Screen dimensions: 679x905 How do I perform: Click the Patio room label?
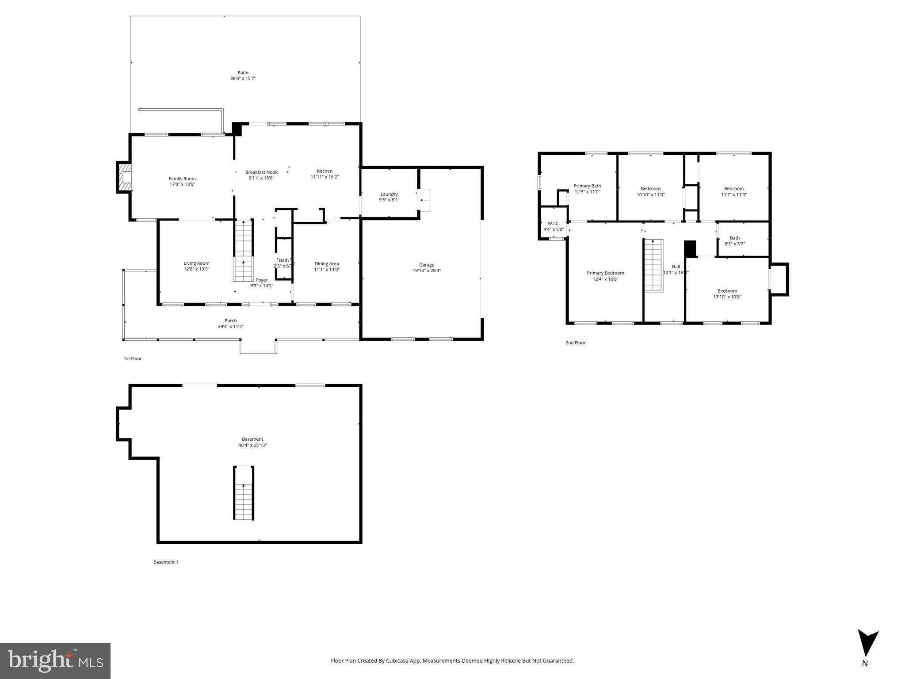coord(243,72)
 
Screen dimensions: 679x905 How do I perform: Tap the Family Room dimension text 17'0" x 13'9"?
coord(182,184)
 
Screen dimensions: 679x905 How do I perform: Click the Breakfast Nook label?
coord(261,172)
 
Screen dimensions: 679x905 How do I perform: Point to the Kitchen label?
coord(325,171)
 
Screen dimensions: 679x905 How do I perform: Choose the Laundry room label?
coord(389,194)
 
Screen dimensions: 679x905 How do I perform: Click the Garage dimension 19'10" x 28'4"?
coord(427,271)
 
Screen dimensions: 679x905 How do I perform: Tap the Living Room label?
coord(196,263)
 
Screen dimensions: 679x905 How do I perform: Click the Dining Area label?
coord(327,264)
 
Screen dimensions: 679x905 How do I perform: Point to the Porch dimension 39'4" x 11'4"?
coord(230,327)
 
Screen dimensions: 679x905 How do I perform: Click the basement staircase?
coord(243,493)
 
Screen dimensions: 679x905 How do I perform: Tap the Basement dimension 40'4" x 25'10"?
coord(252,445)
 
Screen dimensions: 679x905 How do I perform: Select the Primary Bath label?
coord(587,186)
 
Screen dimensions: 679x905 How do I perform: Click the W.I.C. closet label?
coord(554,224)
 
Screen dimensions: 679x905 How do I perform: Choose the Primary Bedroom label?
coord(605,273)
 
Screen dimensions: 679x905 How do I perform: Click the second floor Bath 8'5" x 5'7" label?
coord(734,238)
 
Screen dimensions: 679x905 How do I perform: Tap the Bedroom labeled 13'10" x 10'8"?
coord(727,291)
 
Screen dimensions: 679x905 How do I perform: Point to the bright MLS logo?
coord(55,661)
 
